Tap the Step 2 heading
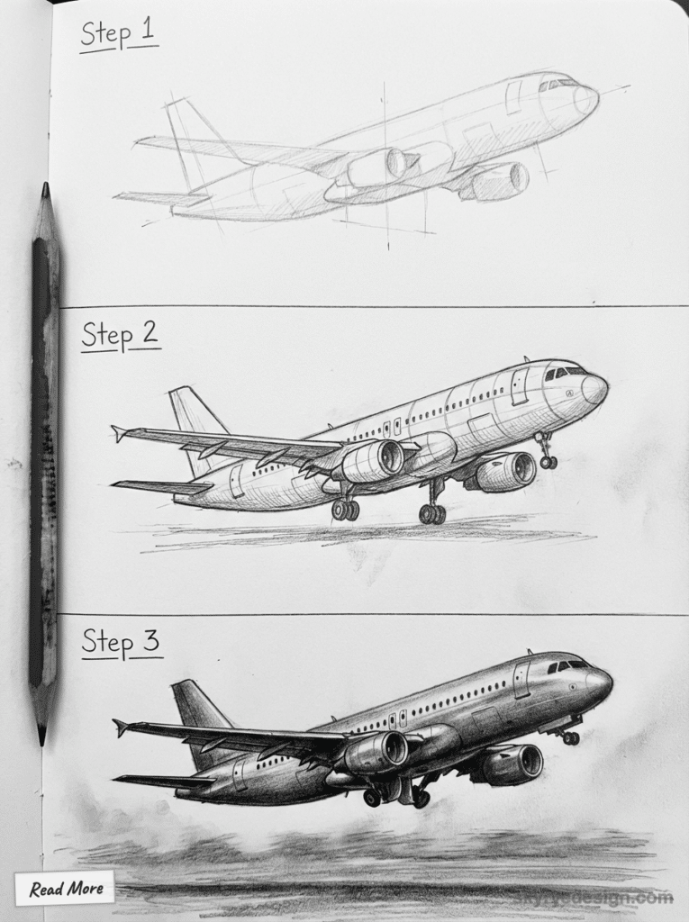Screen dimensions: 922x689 [x=120, y=335]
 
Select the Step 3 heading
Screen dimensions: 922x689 [x=120, y=643]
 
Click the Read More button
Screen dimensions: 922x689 [x=64, y=889]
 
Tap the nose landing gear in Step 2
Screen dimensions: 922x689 [x=546, y=452]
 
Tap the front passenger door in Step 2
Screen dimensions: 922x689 [x=519, y=385]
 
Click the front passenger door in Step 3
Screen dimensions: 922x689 [x=521, y=680]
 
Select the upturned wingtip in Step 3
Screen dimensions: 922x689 [x=121, y=726]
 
